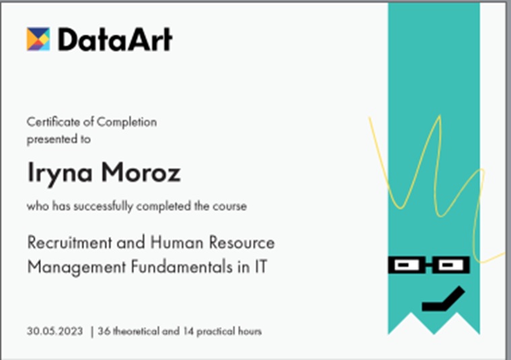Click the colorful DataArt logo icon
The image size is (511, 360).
click(38, 39)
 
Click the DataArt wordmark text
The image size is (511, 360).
click(115, 40)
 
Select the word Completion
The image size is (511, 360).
click(127, 122)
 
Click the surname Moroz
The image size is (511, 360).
click(141, 172)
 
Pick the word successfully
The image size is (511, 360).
click(104, 207)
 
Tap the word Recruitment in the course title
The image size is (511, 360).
click(69, 243)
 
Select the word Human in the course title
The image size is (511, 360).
click(176, 243)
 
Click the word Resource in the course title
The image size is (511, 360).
click(242, 243)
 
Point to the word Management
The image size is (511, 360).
click(77, 267)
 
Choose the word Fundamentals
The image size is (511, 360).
click(182, 266)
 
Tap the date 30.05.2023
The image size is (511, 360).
click(54, 331)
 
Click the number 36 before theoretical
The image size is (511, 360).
click(104, 331)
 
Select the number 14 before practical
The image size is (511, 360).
click(188, 331)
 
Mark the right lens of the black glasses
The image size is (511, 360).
click(450, 264)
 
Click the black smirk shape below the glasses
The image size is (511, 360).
click(444, 299)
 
